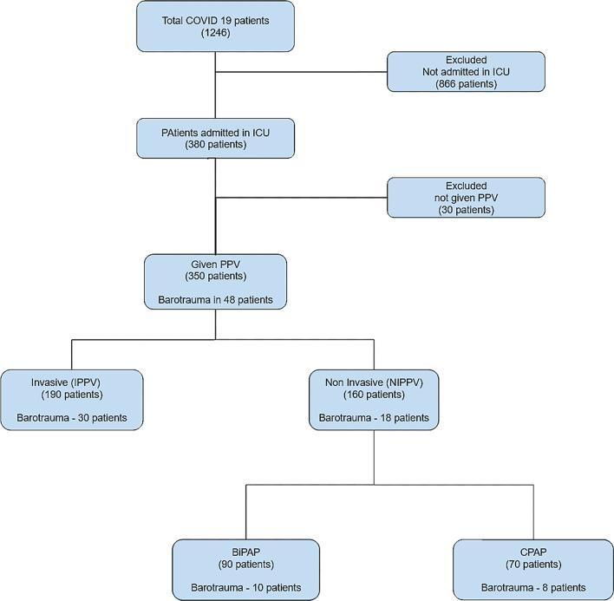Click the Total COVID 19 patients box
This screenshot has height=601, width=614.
tap(214, 26)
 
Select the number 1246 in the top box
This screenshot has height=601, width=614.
tap(214, 34)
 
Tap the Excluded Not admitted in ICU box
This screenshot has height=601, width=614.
tap(466, 71)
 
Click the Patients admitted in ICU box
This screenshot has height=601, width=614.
tap(214, 138)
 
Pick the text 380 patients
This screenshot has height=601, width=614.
tap(214, 146)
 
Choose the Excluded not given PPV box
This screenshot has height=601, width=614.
tap(466, 198)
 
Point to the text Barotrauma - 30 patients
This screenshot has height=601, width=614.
tap(71, 418)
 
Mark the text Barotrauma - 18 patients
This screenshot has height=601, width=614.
tap(374, 418)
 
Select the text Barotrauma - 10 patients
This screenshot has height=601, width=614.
tap(246, 588)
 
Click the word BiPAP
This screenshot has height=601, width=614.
tap(246, 550)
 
